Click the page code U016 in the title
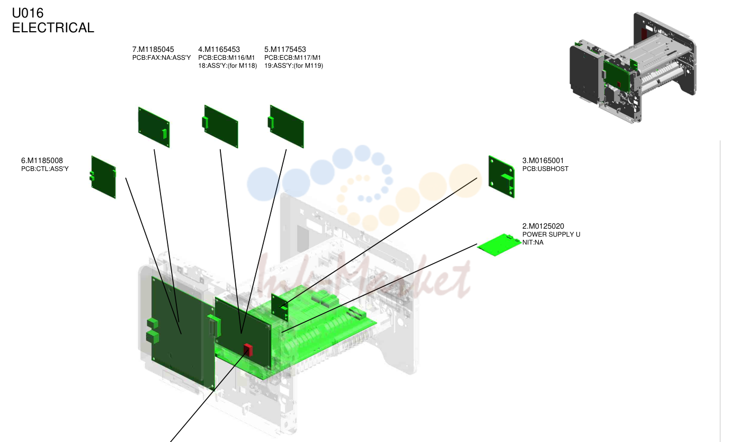click(x=28, y=13)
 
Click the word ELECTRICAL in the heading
click(x=53, y=28)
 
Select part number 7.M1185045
click(x=153, y=49)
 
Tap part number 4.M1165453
click(x=219, y=49)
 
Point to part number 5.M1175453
click(x=285, y=49)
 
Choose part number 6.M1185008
click(x=42, y=160)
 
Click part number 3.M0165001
click(x=543, y=160)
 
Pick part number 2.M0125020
click(x=543, y=226)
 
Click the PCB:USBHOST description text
click(x=545, y=169)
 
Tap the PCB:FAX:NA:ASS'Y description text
click(x=162, y=58)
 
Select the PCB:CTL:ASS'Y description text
click(x=45, y=169)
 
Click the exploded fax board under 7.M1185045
click(x=154, y=127)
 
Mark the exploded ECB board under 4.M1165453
click(x=220, y=127)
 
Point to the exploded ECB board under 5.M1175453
click(x=286, y=127)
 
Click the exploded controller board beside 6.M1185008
click(x=103, y=177)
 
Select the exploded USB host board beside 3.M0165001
click(x=501, y=176)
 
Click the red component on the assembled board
click(x=248, y=350)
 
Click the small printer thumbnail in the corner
click(x=633, y=68)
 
